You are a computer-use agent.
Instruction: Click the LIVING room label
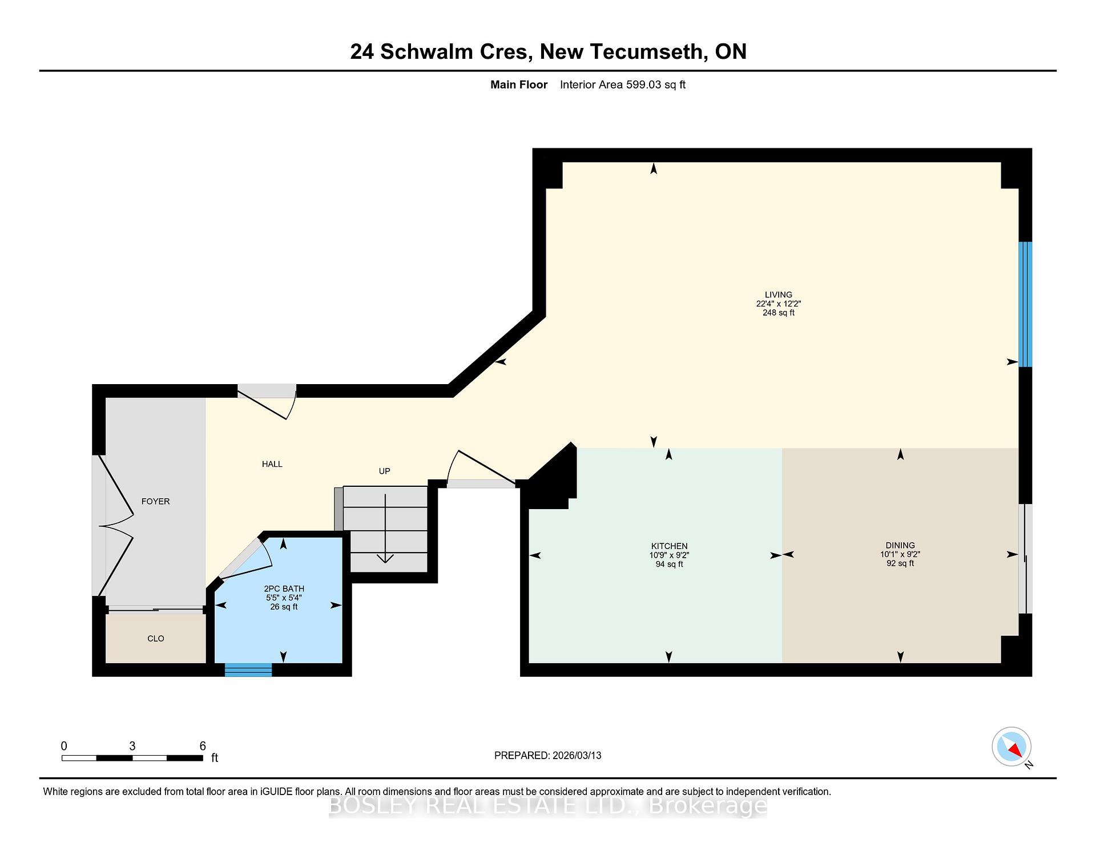point(778,295)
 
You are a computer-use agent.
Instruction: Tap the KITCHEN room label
point(669,546)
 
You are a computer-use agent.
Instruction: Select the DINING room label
point(900,545)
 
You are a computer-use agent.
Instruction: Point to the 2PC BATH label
point(284,588)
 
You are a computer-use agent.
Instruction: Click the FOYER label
point(155,501)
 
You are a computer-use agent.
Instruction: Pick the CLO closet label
point(156,639)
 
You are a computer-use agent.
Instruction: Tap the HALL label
point(272,464)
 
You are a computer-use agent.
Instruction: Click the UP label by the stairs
point(384,471)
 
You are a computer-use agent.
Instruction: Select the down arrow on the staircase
point(385,529)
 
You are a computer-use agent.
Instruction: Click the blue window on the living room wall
point(1026,304)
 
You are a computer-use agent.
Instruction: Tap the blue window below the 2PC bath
point(248,670)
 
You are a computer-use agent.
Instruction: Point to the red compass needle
point(1015,750)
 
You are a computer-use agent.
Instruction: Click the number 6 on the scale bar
point(203,746)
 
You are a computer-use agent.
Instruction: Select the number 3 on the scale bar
point(132,746)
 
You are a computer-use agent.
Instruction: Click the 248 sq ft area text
point(778,313)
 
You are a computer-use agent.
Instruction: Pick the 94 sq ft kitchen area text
point(669,564)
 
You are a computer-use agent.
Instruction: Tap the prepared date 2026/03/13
point(577,755)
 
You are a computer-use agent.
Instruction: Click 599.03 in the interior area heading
point(643,84)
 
